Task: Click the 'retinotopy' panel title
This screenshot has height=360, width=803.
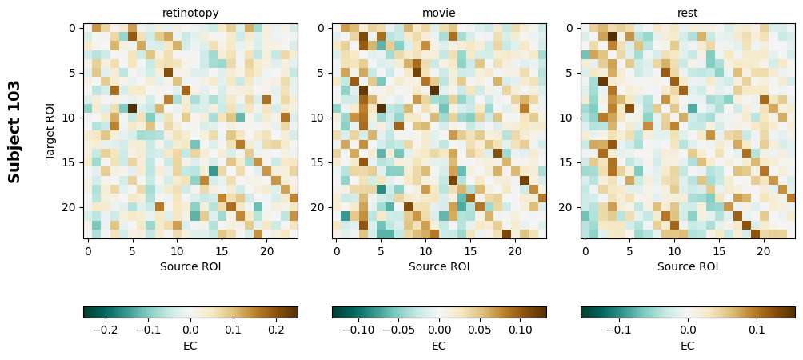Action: pos(190,13)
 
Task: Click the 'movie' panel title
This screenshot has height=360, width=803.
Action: pos(439,13)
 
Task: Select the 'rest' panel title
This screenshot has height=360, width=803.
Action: pos(688,13)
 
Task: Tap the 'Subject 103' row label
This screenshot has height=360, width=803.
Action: pos(14,131)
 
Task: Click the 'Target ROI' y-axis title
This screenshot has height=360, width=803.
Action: pos(50,131)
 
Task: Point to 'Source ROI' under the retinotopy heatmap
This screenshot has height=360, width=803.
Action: pos(190,266)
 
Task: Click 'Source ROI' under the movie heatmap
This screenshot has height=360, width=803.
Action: pos(439,266)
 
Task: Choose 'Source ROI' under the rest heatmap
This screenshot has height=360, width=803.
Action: pos(688,266)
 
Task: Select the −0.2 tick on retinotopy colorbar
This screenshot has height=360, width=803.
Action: pos(105,329)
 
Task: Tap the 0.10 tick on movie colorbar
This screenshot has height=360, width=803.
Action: pos(521,329)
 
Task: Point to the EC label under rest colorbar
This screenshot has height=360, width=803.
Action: pos(688,346)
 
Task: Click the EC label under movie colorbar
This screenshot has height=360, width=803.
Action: pos(439,346)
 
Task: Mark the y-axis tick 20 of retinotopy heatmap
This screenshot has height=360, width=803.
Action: pos(71,207)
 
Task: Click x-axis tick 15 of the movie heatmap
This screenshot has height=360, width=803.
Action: pos(470,251)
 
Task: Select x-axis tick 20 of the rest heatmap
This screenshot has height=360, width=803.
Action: pos(764,251)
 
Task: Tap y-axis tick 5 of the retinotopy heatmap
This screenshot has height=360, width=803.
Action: pos(74,73)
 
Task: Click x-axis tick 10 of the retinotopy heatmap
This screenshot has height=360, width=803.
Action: pos(177,251)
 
